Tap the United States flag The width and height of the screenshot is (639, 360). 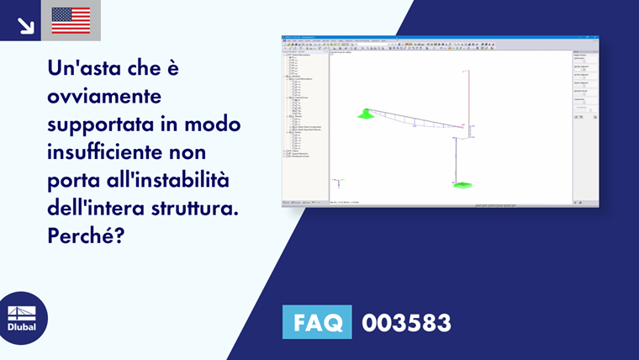(x=71, y=21)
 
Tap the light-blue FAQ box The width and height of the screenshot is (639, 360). (x=317, y=322)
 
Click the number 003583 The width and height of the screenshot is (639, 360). (x=406, y=322)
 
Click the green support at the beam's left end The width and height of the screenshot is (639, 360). (x=365, y=114)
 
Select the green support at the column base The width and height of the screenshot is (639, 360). (x=462, y=183)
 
